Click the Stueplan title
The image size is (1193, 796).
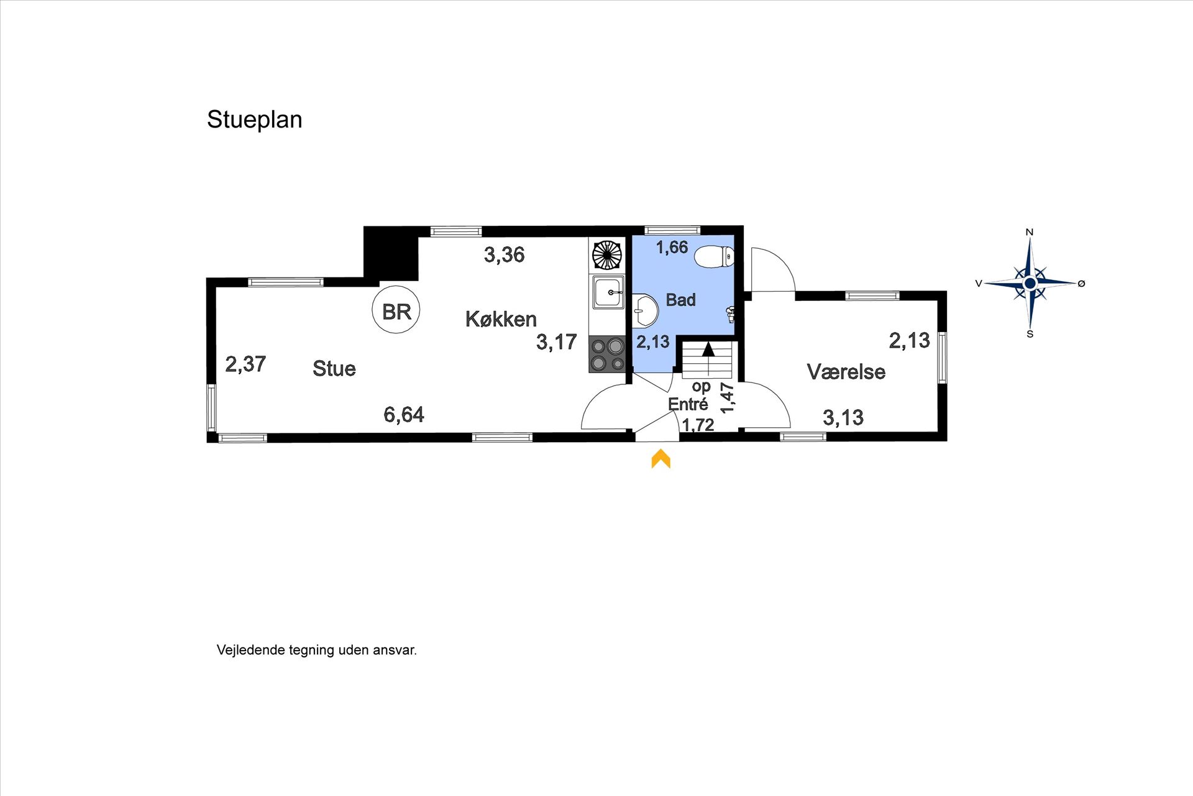(x=255, y=119)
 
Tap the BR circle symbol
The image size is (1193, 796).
(x=396, y=310)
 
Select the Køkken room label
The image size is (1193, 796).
(x=501, y=319)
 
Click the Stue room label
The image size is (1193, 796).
(x=334, y=368)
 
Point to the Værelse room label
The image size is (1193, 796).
(x=846, y=371)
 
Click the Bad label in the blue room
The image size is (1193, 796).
(x=680, y=300)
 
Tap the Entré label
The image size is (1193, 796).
(x=688, y=404)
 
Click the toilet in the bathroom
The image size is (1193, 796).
(x=715, y=256)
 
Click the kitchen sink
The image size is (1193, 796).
(x=608, y=292)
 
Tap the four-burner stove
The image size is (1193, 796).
(x=607, y=354)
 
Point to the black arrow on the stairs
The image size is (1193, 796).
(x=708, y=349)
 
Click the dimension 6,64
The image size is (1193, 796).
(x=404, y=414)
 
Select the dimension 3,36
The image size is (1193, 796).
(x=505, y=254)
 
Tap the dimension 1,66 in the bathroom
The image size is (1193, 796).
(x=672, y=247)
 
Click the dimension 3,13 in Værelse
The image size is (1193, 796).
(x=843, y=417)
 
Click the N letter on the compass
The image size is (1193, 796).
(x=1030, y=232)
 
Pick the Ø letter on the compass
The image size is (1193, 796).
(x=1081, y=284)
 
